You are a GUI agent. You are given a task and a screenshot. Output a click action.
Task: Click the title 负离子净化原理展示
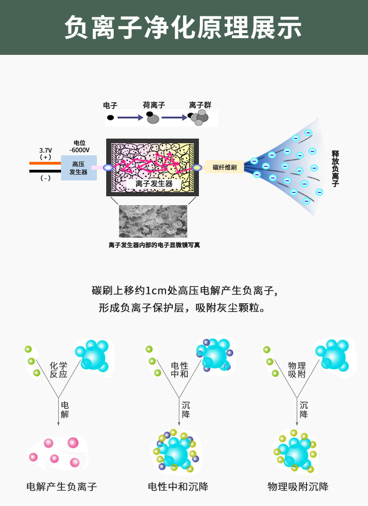coord(184,27)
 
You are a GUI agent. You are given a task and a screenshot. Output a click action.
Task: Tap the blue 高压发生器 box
coord(78,168)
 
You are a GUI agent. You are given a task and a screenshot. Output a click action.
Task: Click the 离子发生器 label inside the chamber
coord(154,184)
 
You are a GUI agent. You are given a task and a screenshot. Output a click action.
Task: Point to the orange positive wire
coord(45,163)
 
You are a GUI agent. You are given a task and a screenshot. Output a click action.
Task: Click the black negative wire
coord(45,171)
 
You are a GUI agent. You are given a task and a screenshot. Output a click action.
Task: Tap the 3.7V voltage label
coord(45,150)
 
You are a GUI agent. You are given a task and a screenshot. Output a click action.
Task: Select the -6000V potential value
coord(79,150)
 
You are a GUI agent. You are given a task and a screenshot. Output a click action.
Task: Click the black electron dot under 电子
coord(110,118)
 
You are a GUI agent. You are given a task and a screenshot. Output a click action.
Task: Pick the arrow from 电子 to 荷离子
coord(130,118)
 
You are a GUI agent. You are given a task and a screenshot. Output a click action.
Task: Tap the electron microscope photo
coord(153,221)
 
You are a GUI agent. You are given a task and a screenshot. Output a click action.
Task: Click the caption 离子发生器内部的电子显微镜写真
coord(154,245)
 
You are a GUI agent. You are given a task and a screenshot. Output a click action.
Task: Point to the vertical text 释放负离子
coord(335,168)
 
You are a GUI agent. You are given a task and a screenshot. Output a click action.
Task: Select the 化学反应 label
coord(59,370)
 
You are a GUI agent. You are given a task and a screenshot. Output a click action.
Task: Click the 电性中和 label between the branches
coord(179,370)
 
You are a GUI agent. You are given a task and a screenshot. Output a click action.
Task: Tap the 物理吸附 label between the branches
coord(297,370)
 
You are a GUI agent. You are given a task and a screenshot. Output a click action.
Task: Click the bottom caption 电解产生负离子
coord(61,487)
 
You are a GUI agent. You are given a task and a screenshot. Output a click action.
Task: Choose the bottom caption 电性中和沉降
coord(178,487)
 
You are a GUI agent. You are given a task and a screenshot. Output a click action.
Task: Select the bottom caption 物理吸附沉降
coord(298,487)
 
